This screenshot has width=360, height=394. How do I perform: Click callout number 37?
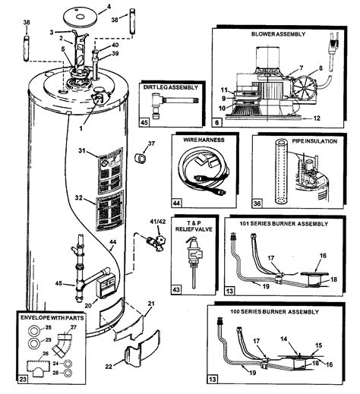point(152,143)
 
